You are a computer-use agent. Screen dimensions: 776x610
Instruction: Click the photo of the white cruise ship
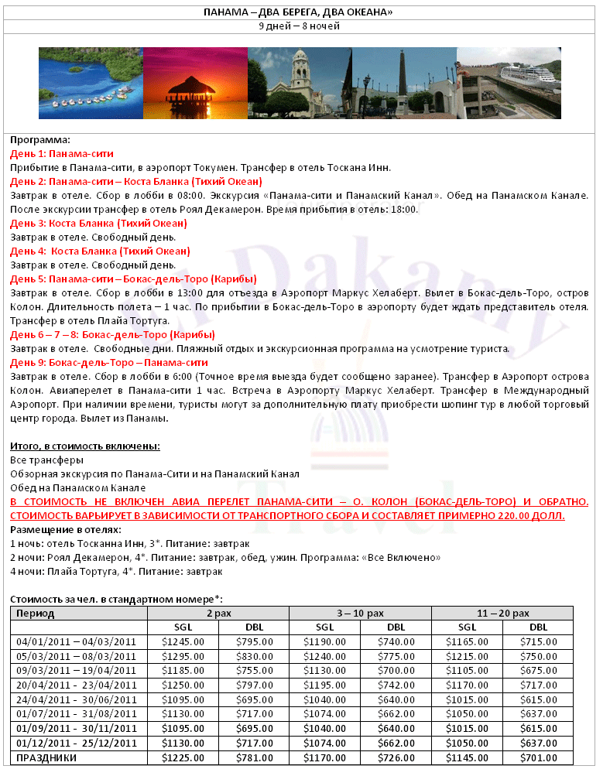click(x=508, y=83)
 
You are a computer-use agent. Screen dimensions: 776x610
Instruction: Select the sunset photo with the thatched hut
click(x=194, y=83)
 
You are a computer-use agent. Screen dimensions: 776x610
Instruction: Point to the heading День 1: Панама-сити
click(x=62, y=154)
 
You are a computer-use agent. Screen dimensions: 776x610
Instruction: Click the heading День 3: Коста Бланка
click(x=98, y=224)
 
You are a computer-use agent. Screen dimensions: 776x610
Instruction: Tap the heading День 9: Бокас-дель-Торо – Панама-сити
click(x=109, y=363)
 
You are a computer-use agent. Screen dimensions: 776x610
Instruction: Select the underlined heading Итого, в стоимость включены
click(x=85, y=446)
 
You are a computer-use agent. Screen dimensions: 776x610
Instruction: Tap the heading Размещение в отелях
click(x=66, y=530)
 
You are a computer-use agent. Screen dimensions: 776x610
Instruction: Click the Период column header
click(x=36, y=613)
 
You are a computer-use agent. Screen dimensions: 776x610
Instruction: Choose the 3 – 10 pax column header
click(x=360, y=613)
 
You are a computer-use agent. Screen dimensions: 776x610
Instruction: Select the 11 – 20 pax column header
click(x=503, y=613)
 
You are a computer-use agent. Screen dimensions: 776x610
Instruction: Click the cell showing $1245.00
click(x=183, y=641)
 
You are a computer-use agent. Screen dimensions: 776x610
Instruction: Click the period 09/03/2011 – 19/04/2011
click(x=76, y=669)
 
